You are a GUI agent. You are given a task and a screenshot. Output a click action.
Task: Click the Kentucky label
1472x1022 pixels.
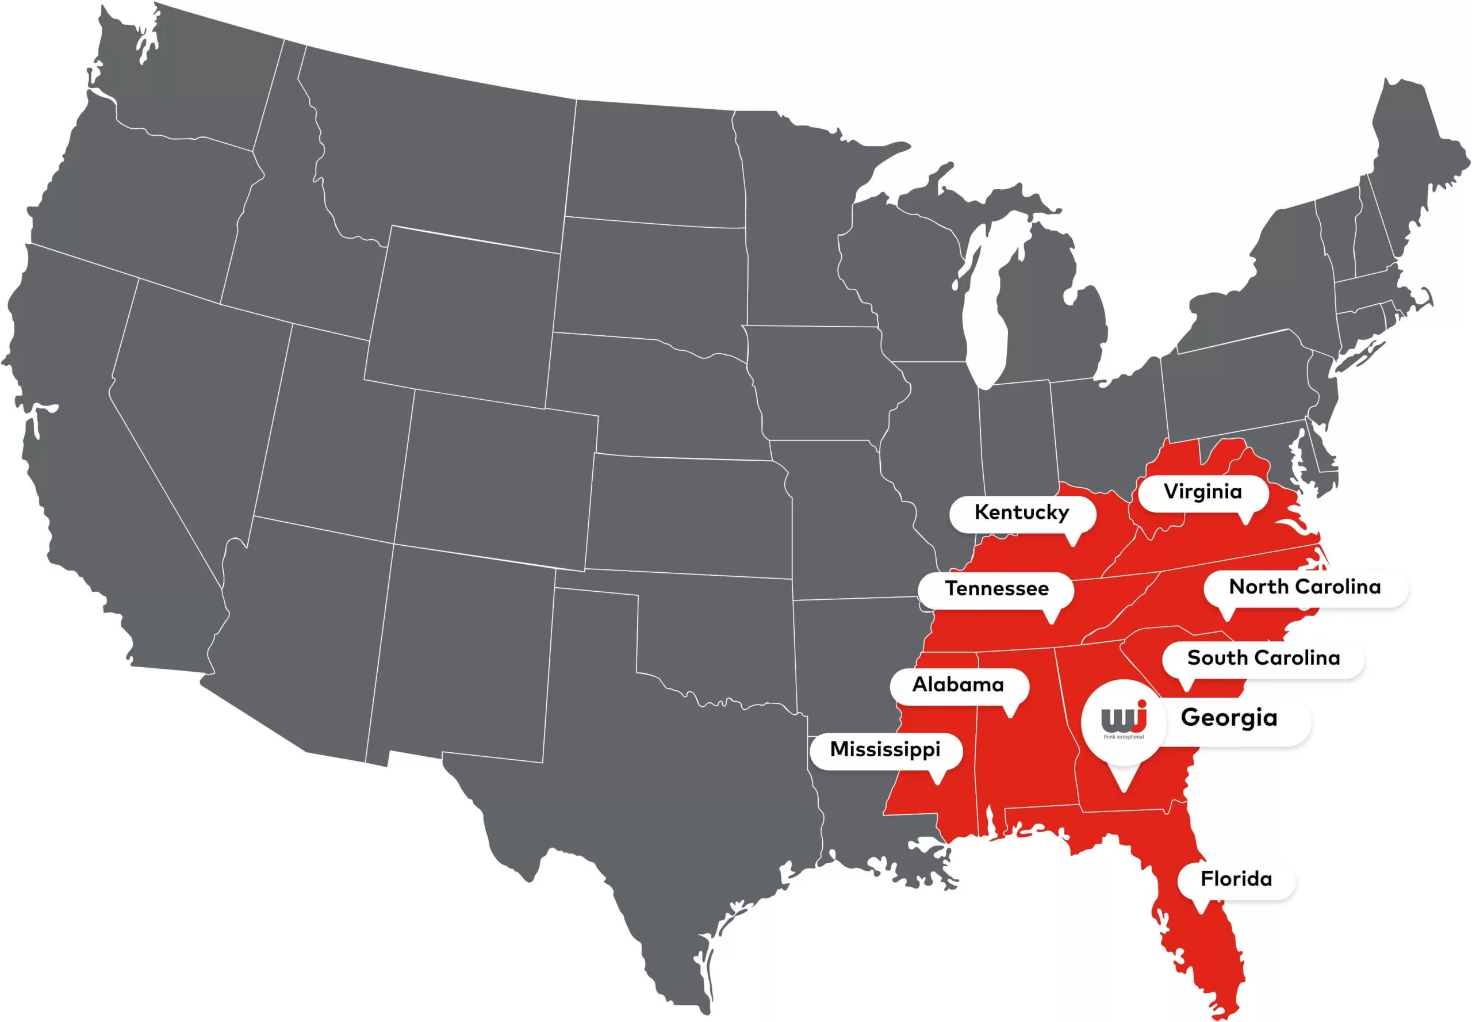click(x=1021, y=512)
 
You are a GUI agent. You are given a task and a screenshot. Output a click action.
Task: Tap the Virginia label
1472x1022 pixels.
click(x=1202, y=492)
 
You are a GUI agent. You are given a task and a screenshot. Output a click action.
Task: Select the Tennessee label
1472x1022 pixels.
click(x=996, y=588)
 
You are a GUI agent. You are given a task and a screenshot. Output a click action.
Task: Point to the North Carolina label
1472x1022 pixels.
click(x=1304, y=587)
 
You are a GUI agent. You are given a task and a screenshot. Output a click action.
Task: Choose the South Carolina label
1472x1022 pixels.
click(x=1263, y=657)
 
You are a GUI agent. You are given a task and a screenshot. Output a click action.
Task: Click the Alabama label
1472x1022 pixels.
click(x=958, y=684)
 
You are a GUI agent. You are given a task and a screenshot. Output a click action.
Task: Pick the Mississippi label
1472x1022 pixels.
click(x=885, y=749)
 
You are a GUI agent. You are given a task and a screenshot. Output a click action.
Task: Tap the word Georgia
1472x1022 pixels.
click(x=1228, y=718)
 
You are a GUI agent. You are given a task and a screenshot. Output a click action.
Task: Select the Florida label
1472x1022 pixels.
click(x=1236, y=879)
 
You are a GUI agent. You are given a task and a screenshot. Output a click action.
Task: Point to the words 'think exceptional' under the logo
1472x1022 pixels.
click(x=1124, y=737)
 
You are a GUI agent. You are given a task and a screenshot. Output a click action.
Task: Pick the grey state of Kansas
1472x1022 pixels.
click(x=688, y=512)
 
